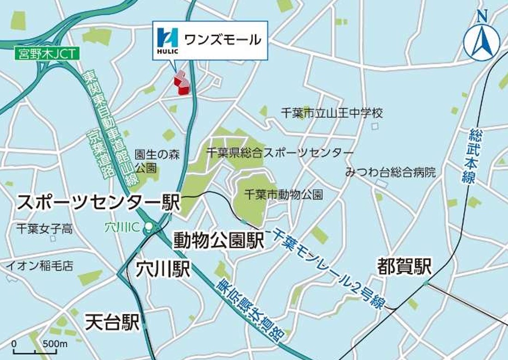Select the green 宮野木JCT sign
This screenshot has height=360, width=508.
pyautogui.click(x=47, y=54)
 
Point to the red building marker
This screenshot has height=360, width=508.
pyautogui.click(x=181, y=83)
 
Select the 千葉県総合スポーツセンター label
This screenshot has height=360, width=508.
pyautogui.click(x=280, y=153)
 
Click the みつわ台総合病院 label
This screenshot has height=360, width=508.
pyautogui.click(x=390, y=173)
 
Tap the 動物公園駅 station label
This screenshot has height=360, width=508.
pyautogui.click(x=219, y=240)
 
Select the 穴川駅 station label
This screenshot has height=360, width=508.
pyautogui.click(x=163, y=270)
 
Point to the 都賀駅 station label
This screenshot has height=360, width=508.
pyautogui.click(x=404, y=266)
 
